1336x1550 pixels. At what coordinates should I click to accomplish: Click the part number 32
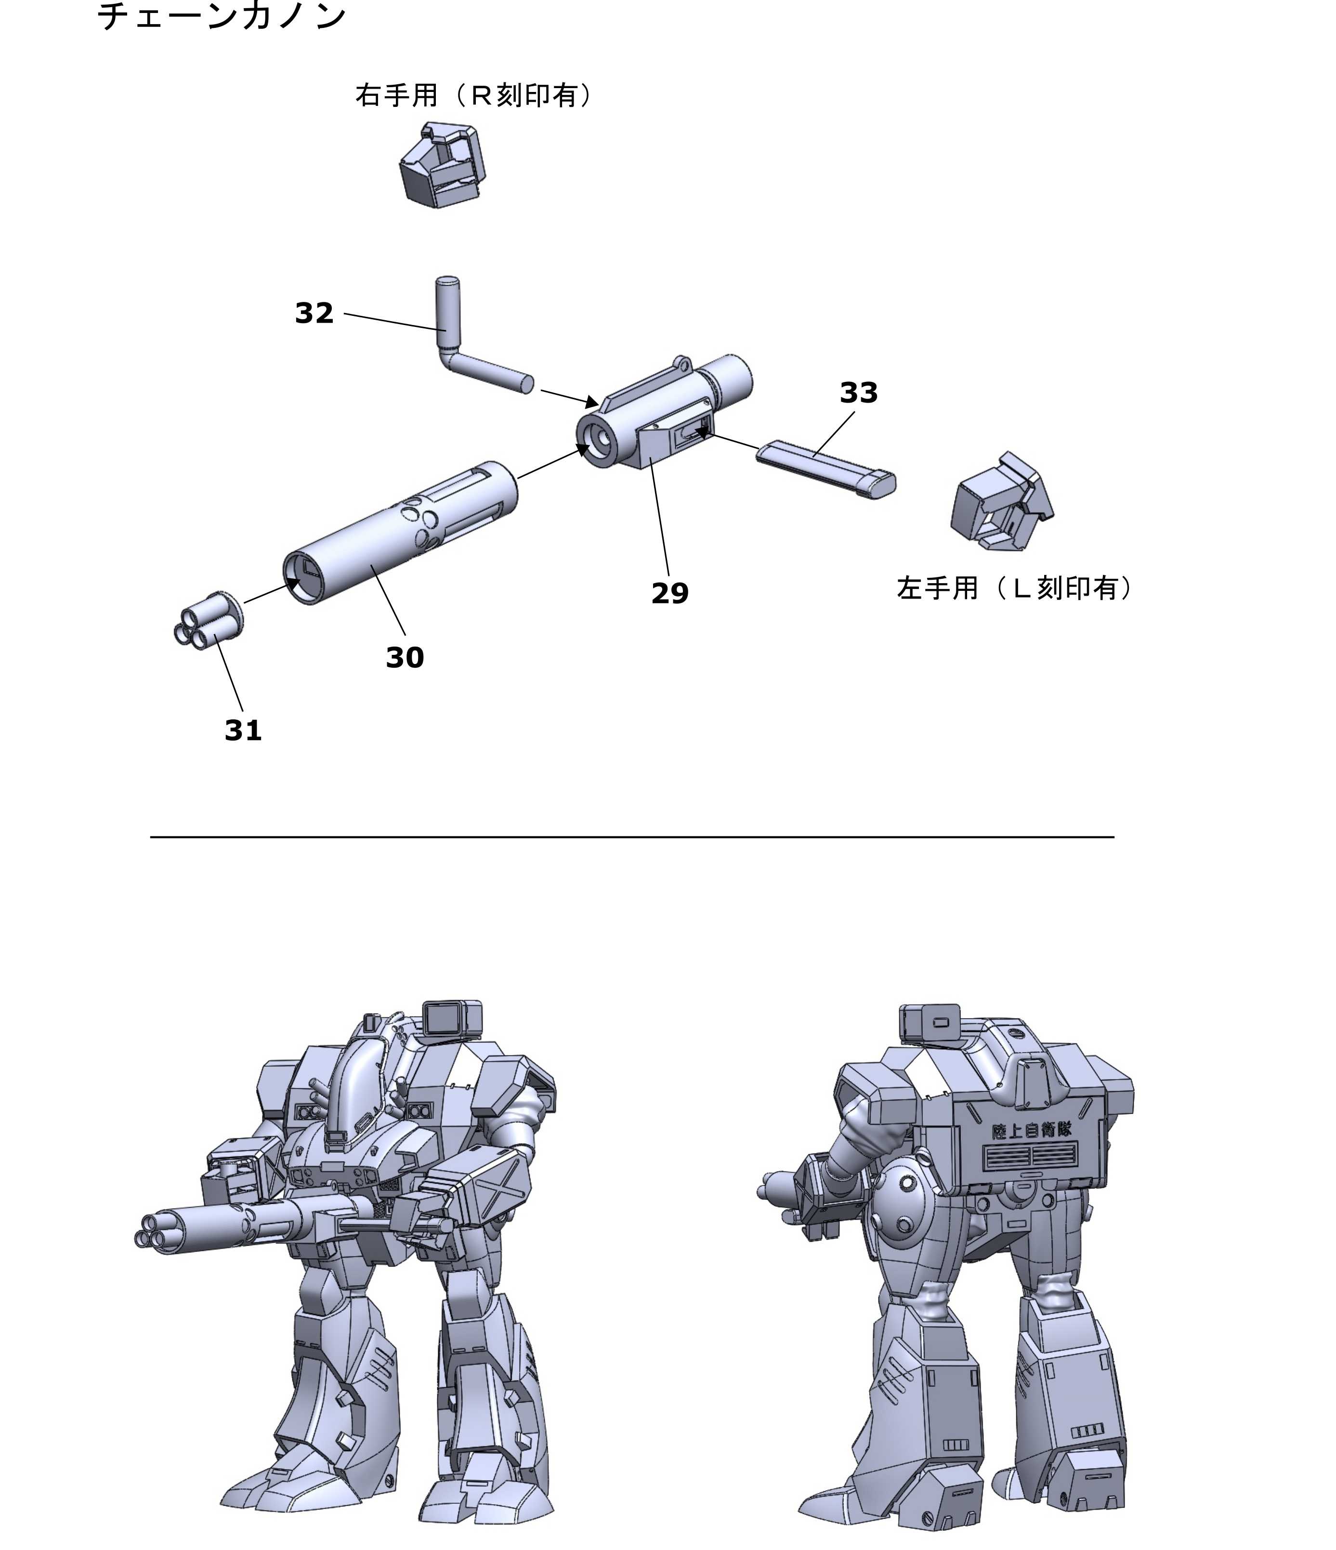tap(314, 313)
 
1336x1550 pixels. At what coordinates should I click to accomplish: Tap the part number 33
tap(859, 393)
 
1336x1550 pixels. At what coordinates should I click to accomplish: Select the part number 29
tap(669, 593)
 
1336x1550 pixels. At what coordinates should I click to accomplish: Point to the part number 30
tap(405, 658)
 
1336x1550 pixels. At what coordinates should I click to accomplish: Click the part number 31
tap(243, 730)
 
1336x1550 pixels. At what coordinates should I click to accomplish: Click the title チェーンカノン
tap(222, 16)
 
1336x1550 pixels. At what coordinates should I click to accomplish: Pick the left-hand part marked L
tap(1001, 502)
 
